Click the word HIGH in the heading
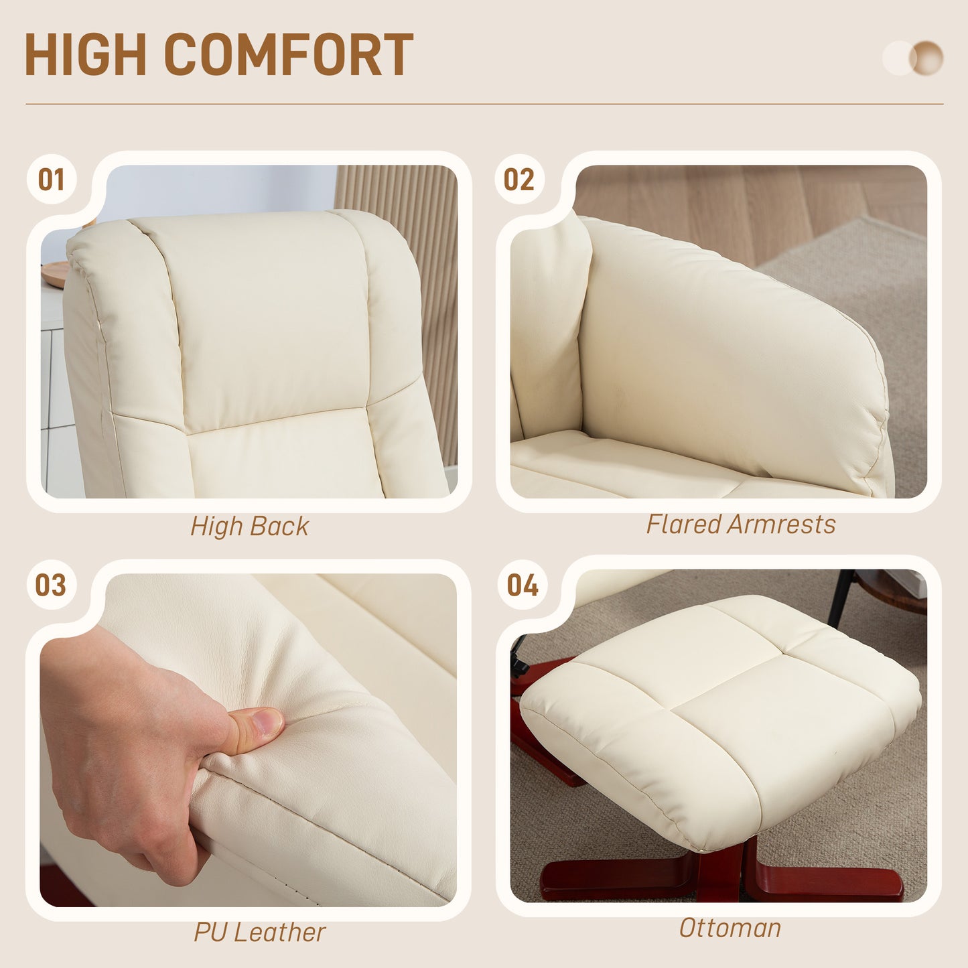85,54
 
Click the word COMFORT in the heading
289,54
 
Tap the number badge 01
51,180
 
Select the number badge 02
519,180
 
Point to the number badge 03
51,585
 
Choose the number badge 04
523,585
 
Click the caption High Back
249,527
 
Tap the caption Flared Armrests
741,525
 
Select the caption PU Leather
260,932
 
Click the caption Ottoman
730,928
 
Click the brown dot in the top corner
928,58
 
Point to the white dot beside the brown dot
896,58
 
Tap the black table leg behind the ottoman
839,596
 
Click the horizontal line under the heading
484,104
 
